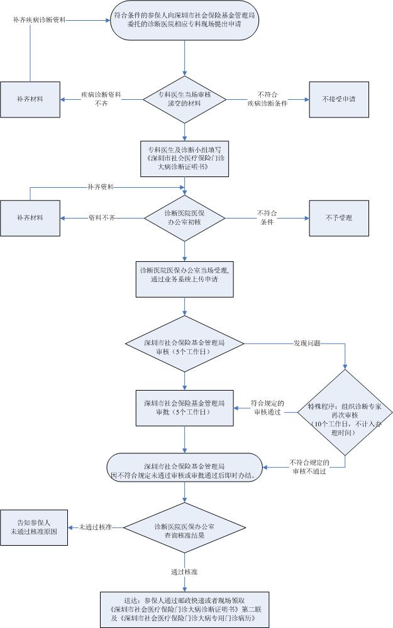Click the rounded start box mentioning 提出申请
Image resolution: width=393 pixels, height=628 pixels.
point(184,23)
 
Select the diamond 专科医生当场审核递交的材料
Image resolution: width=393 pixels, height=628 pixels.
point(184,99)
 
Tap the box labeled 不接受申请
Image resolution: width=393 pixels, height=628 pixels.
point(338,99)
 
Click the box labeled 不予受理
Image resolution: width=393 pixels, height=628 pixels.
point(338,218)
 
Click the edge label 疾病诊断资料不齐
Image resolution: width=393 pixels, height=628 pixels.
point(101,99)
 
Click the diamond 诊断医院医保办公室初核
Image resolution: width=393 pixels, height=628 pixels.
point(184,218)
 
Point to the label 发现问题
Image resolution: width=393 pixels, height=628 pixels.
point(307,344)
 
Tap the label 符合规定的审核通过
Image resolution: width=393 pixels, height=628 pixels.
point(267,408)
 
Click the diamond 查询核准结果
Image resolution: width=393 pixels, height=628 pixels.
point(184,527)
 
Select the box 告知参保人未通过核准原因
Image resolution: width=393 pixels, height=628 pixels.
point(33,527)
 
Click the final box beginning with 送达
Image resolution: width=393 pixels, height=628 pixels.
point(184,609)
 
